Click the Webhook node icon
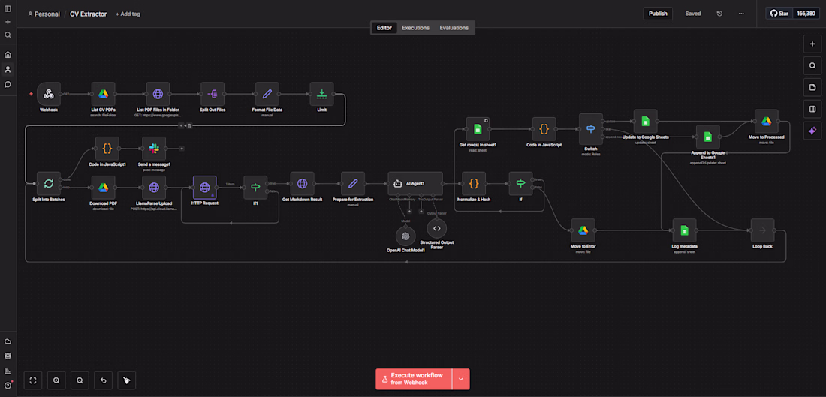[x=49, y=94]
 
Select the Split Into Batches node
[x=49, y=184]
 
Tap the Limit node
[x=321, y=94]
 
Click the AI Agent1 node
[x=415, y=184]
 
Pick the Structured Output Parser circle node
[x=437, y=228]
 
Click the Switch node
[x=591, y=128]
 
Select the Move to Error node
[x=582, y=230]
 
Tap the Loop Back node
[x=762, y=230]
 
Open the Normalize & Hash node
[x=473, y=184]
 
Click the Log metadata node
[x=684, y=230]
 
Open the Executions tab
[x=415, y=28]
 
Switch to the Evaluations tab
[x=454, y=28]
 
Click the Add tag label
[x=128, y=14]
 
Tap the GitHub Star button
[x=779, y=14]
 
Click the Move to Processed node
[x=767, y=122]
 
